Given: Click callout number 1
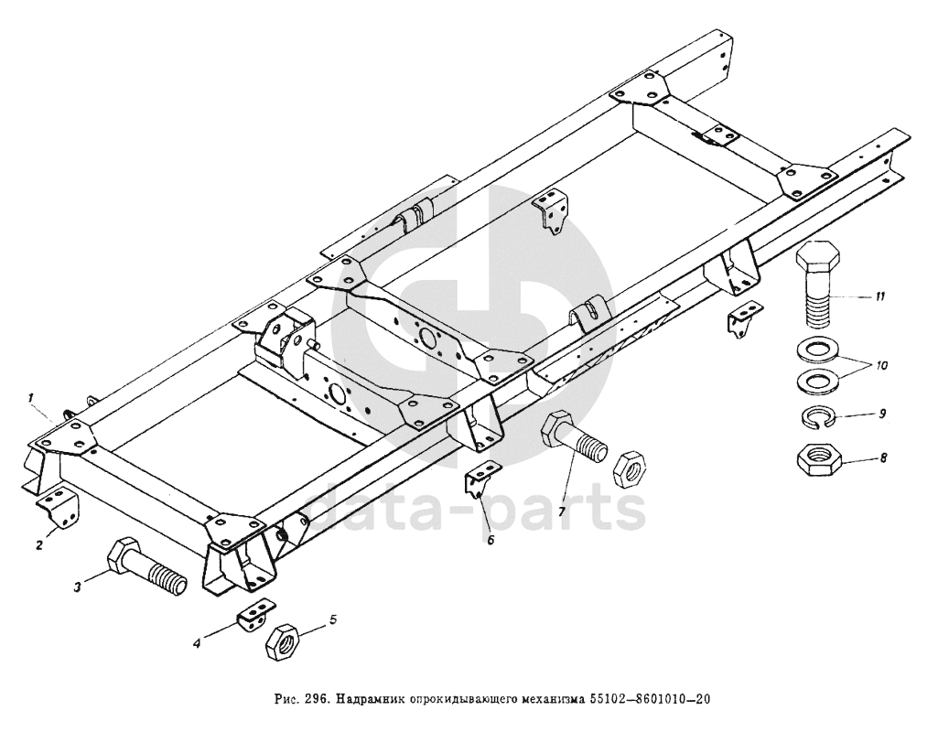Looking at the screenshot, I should click(31, 398).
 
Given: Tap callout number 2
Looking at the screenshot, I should click(39, 546).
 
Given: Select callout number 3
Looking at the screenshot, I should click(80, 587).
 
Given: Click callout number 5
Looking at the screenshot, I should click(333, 619).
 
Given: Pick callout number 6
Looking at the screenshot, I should click(491, 540).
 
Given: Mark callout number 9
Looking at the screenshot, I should click(881, 414).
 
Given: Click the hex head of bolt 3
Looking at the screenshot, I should click(125, 558).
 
